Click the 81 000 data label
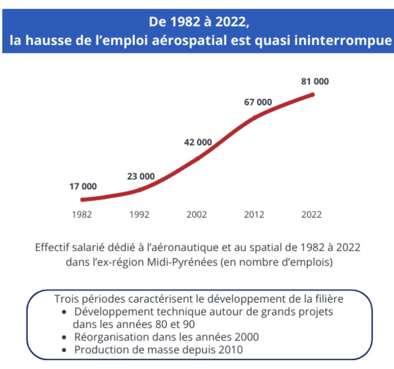pyautogui.click(x=315, y=81)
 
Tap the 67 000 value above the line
pyautogui.click(x=258, y=102)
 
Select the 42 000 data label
pyautogui.click(x=198, y=142)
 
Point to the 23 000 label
pyautogui.click(x=141, y=176)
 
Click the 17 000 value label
pyautogui.click(x=83, y=186)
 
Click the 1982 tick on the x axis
pyautogui.click(x=82, y=215)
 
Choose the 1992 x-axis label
pyautogui.click(x=139, y=215)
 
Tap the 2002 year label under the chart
pyautogui.click(x=197, y=215)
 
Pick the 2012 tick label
pyautogui.click(x=254, y=215)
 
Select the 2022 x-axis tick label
pyautogui.click(x=312, y=215)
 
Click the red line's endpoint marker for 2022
pyautogui.click(x=312, y=95)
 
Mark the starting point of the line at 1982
pyautogui.click(x=82, y=200)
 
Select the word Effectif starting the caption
pyautogui.click(x=51, y=248)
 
